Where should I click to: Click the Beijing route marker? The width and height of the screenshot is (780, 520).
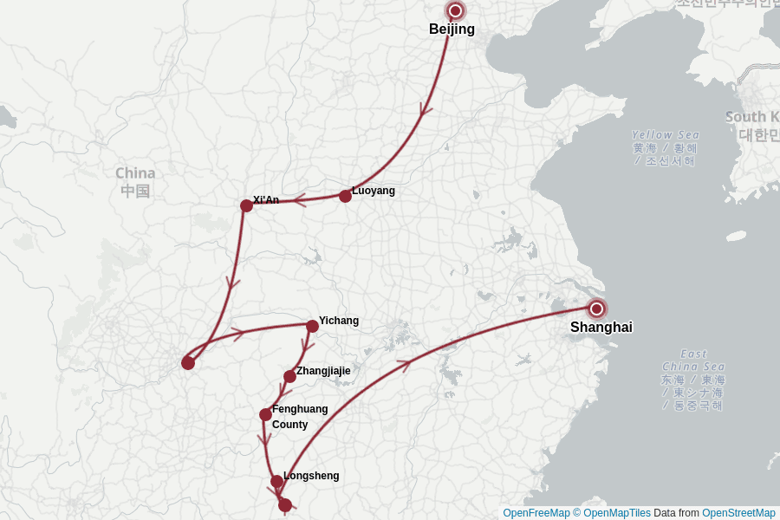[455, 11]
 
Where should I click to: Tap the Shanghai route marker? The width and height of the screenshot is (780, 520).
[596, 309]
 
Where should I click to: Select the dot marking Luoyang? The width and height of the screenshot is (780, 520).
[345, 196]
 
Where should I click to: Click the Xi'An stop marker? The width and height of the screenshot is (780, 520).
[246, 205]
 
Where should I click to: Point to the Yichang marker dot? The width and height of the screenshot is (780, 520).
[312, 326]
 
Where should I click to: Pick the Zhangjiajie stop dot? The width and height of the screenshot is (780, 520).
[289, 376]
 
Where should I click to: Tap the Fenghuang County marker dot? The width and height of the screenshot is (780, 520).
[265, 414]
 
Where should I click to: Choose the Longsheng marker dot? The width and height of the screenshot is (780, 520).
[276, 481]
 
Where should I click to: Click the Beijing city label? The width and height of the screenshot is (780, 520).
[452, 29]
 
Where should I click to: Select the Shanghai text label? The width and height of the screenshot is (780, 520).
[601, 328]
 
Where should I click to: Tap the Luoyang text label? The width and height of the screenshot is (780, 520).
[373, 191]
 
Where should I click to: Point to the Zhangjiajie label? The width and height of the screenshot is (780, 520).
[323, 371]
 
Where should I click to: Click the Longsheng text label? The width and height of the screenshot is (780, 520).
[311, 476]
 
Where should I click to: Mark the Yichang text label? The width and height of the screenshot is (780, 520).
[338, 321]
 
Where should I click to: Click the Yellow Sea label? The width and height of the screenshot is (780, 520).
[665, 135]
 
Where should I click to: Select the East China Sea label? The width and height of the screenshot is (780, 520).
[693, 360]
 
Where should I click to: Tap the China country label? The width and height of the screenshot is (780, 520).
[135, 173]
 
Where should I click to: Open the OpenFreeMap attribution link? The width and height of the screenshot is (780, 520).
[536, 513]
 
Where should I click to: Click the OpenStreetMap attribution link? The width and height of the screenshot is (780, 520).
[738, 513]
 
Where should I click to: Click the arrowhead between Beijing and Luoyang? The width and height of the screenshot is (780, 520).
[425, 110]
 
